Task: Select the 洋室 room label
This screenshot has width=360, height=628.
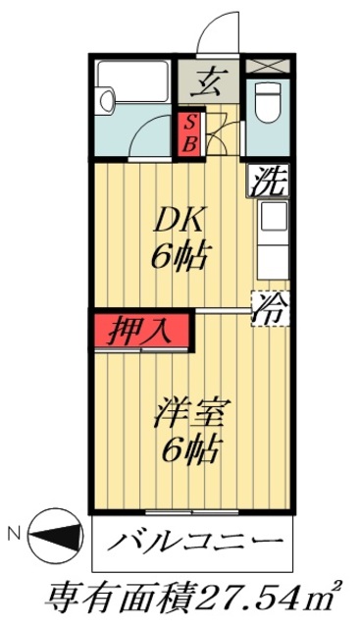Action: coord(184,414)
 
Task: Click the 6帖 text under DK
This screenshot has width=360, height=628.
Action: coord(177,257)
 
